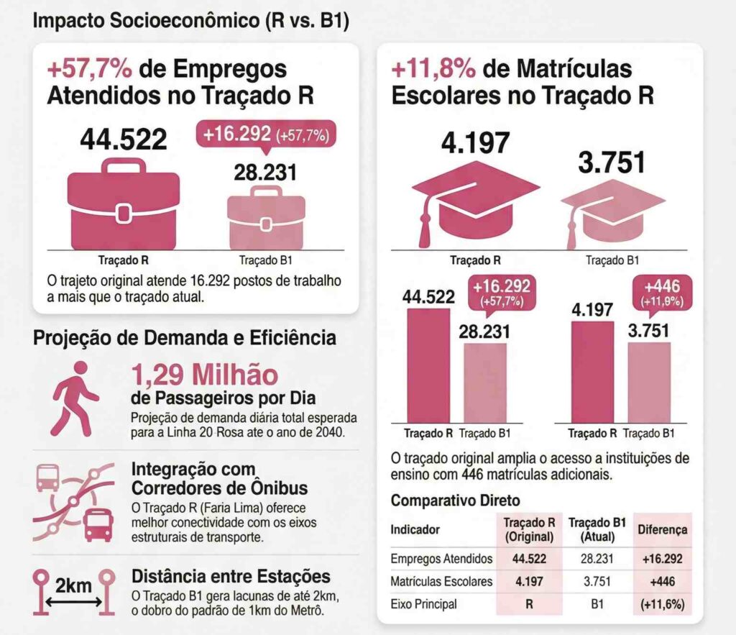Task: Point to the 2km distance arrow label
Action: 74,585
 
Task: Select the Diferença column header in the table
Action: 662,529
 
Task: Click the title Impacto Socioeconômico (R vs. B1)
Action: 190,21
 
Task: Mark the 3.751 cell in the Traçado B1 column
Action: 597,581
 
